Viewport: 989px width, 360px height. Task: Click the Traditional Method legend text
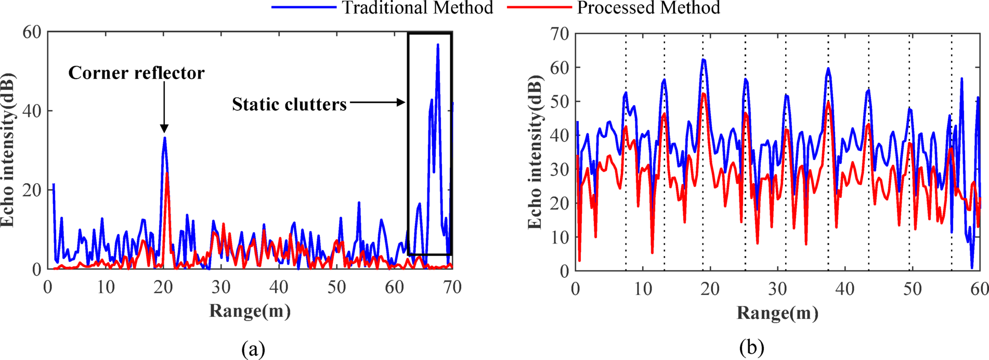point(417,8)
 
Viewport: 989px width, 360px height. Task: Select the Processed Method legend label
point(648,8)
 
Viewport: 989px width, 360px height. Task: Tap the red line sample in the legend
point(538,8)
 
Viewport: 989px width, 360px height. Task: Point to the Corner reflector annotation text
point(136,73)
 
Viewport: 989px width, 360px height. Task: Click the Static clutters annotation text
point(289,105)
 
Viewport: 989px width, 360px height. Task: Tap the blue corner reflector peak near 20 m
point(165,138)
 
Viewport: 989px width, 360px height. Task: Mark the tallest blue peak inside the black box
point(438,45)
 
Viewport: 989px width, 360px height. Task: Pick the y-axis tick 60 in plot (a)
point(32,32)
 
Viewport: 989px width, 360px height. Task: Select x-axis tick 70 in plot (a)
point(452,287)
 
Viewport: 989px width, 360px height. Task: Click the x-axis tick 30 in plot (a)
point(221,287)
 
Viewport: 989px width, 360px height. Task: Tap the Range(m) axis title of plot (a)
point(250,311)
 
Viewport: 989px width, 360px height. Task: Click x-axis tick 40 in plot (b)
point(844,289)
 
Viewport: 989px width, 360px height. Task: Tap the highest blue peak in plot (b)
point(704,60)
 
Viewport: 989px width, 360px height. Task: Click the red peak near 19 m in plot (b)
point(704,94)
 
